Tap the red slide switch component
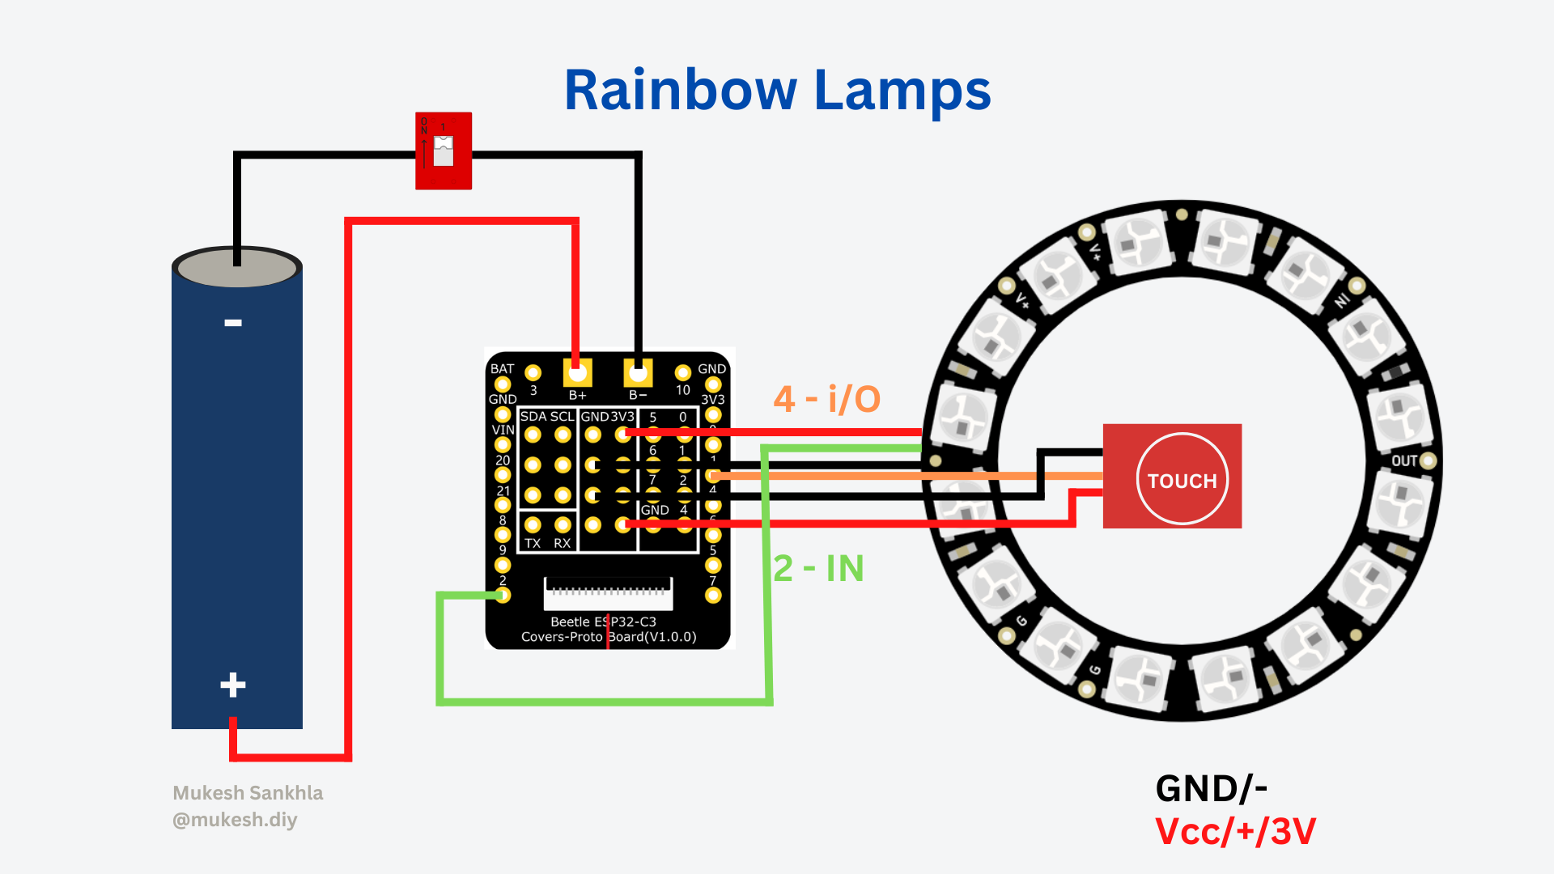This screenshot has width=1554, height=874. tap(444, 151)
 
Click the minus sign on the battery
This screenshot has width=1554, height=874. tap(233, 323)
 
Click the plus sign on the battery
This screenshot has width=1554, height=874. tap(233, 685)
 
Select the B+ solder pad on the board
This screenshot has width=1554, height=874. tap(577, 374)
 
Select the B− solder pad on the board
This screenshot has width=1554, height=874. tap(638, 374)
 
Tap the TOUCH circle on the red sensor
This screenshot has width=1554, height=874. tap(1182, 479)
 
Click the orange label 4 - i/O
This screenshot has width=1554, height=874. tap(826, 399)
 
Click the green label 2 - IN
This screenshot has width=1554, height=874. tap(818, 568)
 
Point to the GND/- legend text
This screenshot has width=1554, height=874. tap(1211, 788)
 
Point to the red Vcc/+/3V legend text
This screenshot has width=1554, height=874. tap(1235, 832)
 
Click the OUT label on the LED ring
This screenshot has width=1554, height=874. tap(1404, 461)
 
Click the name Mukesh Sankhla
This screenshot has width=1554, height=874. tap(248, 793)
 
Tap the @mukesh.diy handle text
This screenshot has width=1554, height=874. tap(235, 820)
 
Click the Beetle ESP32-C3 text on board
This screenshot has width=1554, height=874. tap(603, 622)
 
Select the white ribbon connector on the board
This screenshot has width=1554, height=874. tap(608, 595)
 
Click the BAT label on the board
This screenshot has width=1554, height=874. tap(502, 369)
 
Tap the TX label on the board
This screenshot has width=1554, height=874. tap(533, 543)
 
